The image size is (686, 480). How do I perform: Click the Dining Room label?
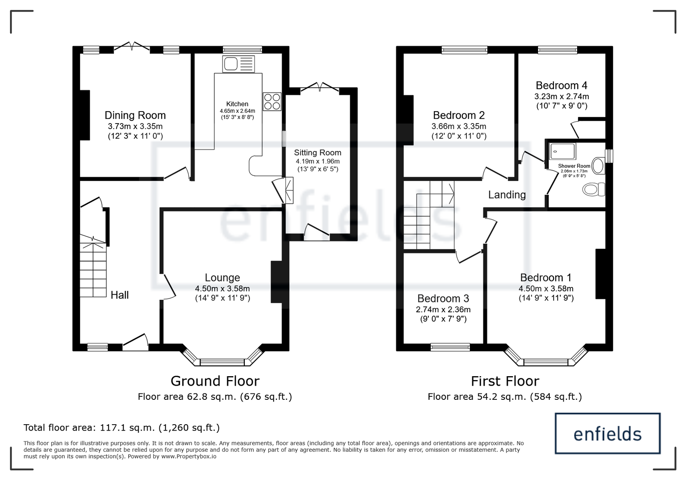135,115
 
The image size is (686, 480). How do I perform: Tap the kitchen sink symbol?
238,64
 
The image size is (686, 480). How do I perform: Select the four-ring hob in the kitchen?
272,102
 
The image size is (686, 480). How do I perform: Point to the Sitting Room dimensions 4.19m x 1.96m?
318,161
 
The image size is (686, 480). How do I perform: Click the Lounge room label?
223,278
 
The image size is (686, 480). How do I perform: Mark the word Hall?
120,295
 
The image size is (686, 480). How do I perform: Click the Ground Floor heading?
215,381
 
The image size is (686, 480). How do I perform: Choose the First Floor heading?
505,381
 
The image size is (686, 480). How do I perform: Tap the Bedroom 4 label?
561,85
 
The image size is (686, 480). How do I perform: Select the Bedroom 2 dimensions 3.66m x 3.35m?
459,126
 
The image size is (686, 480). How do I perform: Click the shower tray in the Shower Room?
563,151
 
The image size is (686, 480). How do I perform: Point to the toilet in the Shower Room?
593,189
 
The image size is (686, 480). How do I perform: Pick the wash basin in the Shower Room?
598,166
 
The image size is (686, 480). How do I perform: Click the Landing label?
507,195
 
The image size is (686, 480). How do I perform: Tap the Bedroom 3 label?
443,299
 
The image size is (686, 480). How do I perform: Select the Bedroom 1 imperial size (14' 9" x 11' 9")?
546,298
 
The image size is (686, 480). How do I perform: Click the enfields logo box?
608,433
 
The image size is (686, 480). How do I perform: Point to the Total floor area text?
122,428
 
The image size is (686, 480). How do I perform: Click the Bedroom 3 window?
450,347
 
